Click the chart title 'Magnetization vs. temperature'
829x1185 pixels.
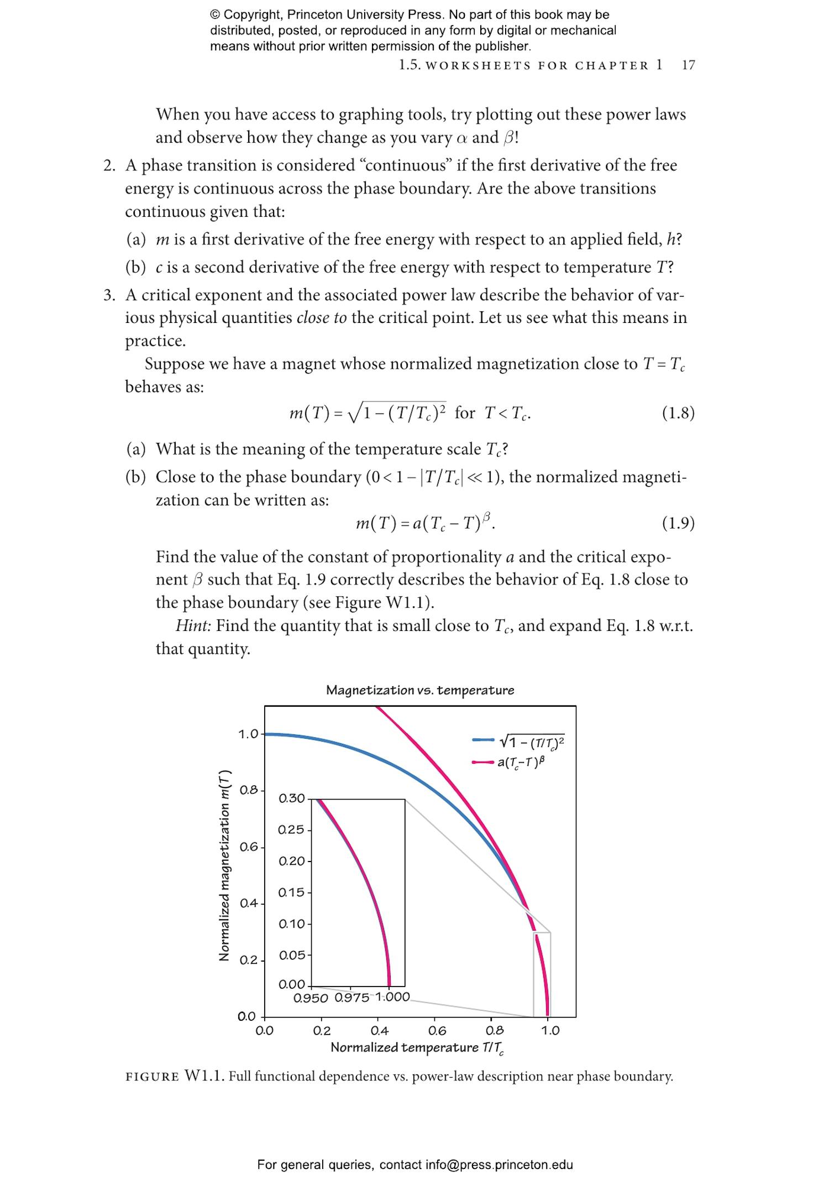coord(420,690)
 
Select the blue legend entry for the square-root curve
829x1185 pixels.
coord(518,740)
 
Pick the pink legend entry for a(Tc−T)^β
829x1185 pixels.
coord(508,762)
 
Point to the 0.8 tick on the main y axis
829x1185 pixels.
coord(249,790)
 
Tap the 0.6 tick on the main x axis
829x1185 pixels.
coord(437,1031)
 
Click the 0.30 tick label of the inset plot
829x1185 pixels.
coord(291,798)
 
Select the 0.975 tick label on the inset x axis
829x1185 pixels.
coord(352,998)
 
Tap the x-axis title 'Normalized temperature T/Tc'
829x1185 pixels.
coord(417,1048)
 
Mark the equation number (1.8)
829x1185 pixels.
coord(678,413)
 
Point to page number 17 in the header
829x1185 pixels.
coord(688,65)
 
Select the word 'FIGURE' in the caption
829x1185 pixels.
coord(153,1077)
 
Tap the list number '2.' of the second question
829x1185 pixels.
coord(109,165)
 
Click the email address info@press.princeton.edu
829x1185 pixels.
coord(499,1165)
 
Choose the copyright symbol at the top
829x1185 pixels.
coord(215,15)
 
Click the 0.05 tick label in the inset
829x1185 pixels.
coord(292,956)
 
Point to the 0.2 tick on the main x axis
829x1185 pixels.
coord(322,1031)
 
